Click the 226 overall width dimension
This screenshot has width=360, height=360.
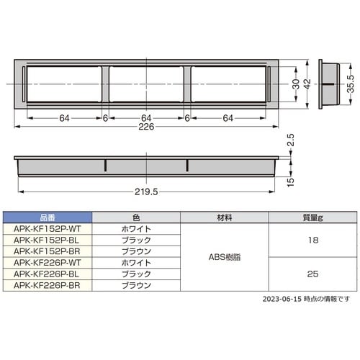click(146, 127)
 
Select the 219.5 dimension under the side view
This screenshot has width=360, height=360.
click(146, 192)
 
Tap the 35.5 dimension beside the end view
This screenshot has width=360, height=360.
click(351, 84)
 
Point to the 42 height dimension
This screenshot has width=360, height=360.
click(307, 84)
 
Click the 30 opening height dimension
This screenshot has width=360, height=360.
click(296, 84)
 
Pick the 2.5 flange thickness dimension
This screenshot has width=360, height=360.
click(290, 140)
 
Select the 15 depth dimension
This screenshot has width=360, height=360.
click(290, 182)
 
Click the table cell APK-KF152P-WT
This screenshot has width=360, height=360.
click(48, 229)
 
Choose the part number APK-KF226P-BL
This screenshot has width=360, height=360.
click(47, 274)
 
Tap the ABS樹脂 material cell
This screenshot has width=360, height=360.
click(225, 257)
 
